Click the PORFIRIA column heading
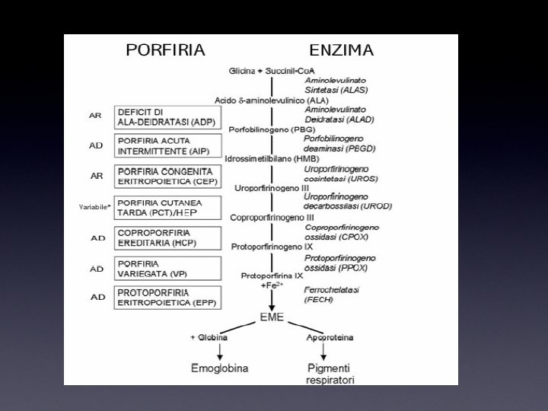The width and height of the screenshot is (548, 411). coord(165,51)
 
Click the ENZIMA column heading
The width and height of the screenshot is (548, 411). coord(341,51)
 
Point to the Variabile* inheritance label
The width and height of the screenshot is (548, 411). coord(95,207)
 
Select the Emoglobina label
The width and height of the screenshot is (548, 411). coord(219,368)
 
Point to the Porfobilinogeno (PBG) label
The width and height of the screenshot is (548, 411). coord(261,129)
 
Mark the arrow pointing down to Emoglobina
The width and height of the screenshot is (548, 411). coord(219,350)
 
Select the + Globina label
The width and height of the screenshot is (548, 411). coord(212,336)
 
